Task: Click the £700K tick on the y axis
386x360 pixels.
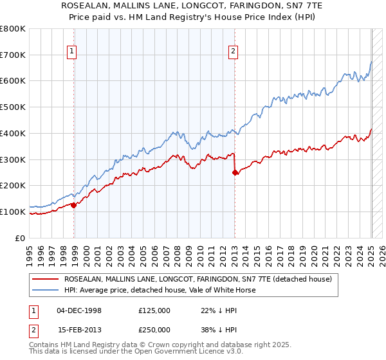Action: click(13, 55)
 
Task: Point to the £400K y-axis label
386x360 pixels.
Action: click(13, 133)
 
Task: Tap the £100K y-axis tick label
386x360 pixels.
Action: click(13, 212)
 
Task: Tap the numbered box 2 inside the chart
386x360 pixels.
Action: click(232, 53)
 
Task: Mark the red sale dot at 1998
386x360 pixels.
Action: click(74, 205)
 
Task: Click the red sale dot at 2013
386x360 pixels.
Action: click(235, 172)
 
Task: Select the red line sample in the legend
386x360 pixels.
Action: click(46, 279)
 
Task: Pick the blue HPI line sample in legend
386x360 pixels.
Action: click(46, 290)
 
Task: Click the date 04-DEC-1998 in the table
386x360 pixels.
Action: click(79, 310)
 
